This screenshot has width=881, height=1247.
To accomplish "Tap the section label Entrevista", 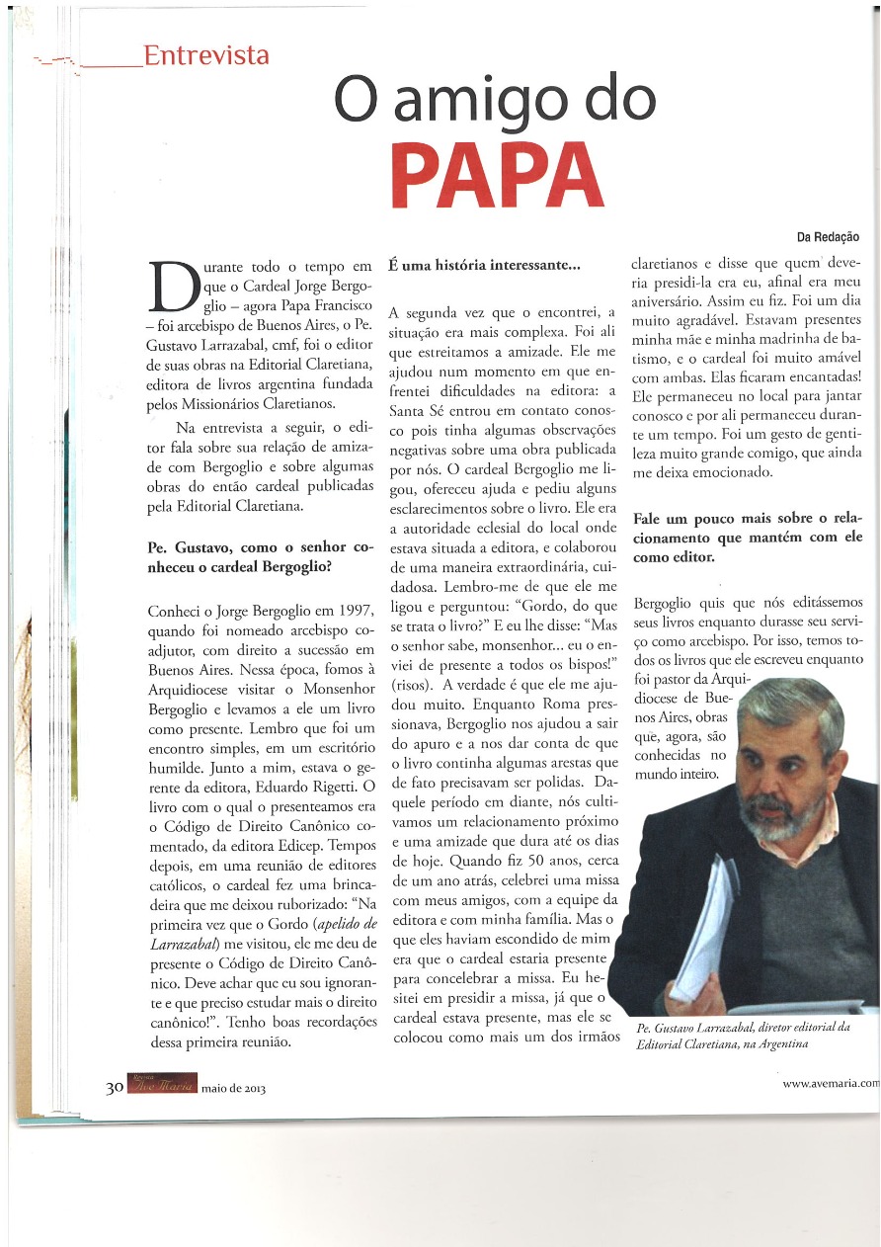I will (x=205, y=55).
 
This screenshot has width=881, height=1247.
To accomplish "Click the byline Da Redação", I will (x=828, y=237).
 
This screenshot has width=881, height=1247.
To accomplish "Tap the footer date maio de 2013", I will (x=234, y=1088).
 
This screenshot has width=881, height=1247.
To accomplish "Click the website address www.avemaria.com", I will (x=830, y=1083).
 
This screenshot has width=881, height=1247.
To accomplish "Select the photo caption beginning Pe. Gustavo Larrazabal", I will (x=743, y=1037).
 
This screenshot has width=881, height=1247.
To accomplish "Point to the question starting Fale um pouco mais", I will (x=747, y=538).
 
